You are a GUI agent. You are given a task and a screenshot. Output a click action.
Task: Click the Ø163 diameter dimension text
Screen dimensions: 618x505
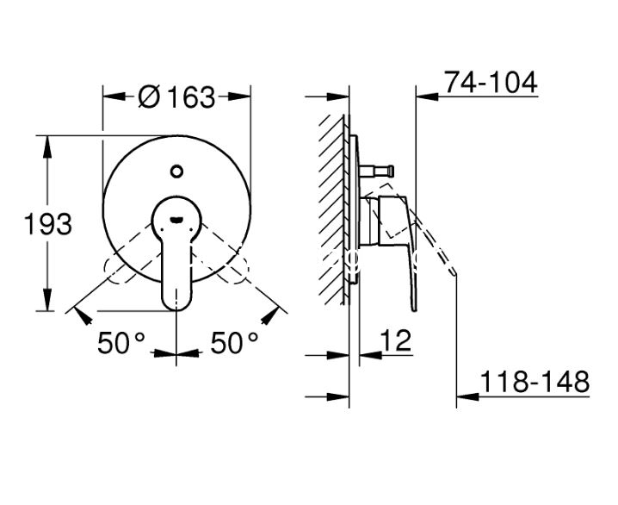click(177, 97)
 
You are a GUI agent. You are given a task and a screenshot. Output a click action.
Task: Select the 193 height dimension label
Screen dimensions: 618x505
click(48, 224)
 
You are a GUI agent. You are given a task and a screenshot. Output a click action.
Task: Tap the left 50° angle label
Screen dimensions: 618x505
click(121, 342)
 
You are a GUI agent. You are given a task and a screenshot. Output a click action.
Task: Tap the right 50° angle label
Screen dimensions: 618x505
click(234, 342)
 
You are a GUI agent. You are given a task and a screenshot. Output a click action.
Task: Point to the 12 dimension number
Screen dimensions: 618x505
click(396, 340)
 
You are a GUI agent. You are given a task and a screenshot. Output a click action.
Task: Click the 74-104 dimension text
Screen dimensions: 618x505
click(491, 83)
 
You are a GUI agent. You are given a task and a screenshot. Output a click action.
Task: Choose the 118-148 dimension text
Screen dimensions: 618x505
click(535, 382)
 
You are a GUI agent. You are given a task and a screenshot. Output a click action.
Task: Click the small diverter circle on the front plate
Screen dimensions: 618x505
click(176, 171)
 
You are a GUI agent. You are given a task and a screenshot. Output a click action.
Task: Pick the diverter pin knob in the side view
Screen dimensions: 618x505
click(391, 171)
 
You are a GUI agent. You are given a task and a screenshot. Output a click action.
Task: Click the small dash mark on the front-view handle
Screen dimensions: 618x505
click(176, 219)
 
